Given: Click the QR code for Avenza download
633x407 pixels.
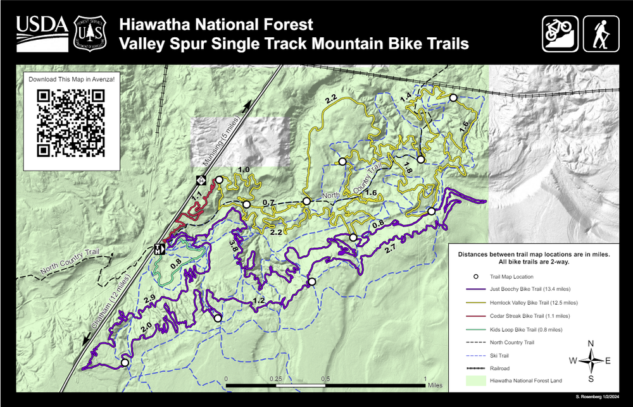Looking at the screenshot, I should tap(70, 123).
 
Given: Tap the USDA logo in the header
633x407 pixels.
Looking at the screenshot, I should tap(42, 32).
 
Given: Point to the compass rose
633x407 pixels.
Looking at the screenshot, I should tap(591, 361).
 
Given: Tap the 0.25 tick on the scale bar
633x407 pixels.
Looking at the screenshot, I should tap(275, 379).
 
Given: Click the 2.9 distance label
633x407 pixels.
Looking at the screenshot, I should tap(149, 299).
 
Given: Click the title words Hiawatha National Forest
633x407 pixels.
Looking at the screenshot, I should tap(216, 25).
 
